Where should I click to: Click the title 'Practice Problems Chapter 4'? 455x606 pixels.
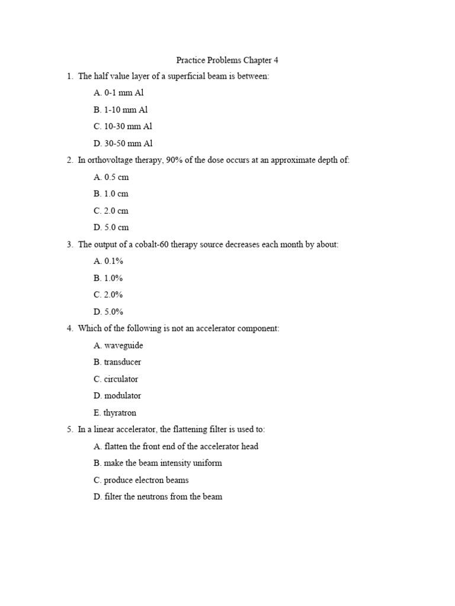227,60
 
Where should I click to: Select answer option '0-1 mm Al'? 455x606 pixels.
124,93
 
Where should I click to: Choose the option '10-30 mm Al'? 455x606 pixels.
128,127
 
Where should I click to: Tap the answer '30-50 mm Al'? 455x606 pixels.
128,143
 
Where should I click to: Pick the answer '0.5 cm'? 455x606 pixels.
116,177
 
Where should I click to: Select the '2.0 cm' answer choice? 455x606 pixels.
116,211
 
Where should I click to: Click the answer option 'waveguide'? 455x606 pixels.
123,346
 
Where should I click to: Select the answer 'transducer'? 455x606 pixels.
123,362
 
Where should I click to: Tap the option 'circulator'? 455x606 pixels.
121,379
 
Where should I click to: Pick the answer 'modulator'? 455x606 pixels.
123,396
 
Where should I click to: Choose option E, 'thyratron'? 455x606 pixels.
120,413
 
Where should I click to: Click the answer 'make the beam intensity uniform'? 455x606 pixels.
163,463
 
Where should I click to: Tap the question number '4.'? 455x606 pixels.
70,328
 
